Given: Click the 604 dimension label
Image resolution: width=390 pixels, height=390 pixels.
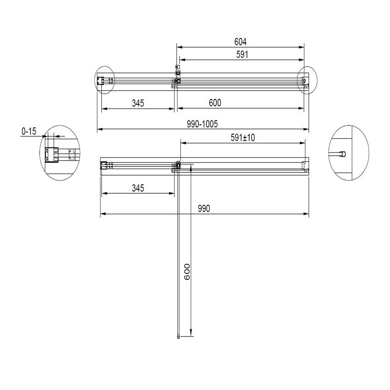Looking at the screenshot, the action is click(x=240, y=42).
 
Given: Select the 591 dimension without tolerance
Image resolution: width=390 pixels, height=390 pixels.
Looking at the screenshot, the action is click(x=242, y=55).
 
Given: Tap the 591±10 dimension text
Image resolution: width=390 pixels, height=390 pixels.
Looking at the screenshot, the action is click(x=242, y=137).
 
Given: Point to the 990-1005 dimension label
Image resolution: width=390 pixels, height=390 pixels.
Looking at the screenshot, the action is click(x=202, y=124).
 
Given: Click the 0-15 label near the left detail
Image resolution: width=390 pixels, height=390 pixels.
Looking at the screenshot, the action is click(x=29, y=131).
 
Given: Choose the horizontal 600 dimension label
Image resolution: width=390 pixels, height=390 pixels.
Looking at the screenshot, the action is click(x=215, y=103).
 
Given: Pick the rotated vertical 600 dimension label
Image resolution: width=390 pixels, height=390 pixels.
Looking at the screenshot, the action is click(x=187, y=272).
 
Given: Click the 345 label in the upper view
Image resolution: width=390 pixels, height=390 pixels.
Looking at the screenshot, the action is click(x=138, y=103).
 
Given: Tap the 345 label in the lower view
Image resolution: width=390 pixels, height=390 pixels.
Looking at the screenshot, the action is click(x=138, y=188).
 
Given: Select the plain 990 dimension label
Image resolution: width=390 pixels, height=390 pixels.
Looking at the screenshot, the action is click(x=204, y=209).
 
